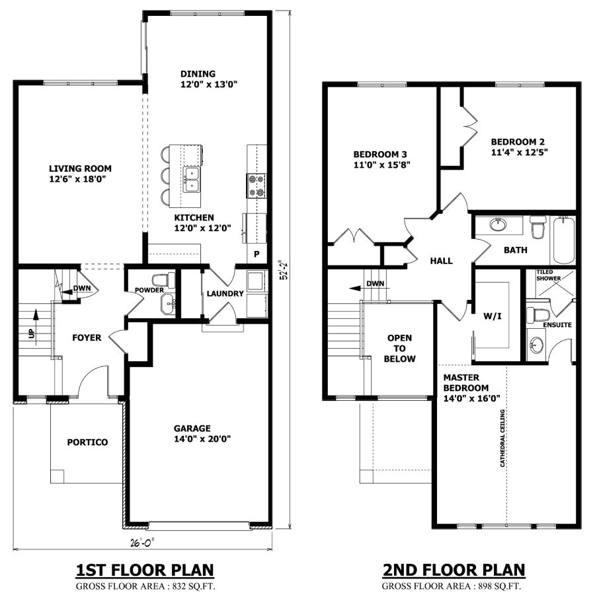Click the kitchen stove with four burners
click(256, 185)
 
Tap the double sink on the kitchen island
click(192, 178)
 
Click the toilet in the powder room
click(163, 280)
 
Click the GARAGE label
click(192, 427)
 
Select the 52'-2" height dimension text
click(282, 270)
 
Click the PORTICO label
click(87, 442)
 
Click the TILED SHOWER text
click(548, 275)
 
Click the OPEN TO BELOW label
click(401, 349)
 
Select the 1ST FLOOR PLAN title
click(145, 569)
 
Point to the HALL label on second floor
click(441, 261)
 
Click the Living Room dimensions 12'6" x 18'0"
click(77, 179)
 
